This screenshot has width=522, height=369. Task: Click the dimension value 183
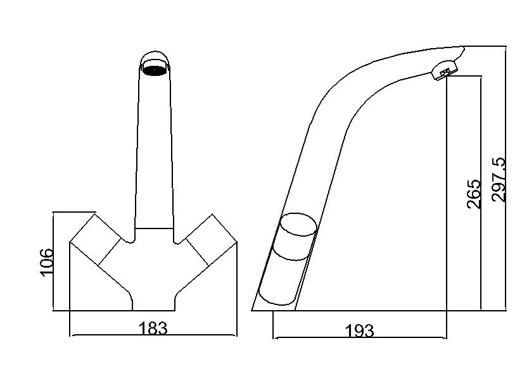152,328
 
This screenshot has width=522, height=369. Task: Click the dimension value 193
359,330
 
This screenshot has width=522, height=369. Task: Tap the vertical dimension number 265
473,193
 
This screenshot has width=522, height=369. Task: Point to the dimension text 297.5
500,180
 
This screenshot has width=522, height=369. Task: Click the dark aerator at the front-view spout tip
154,68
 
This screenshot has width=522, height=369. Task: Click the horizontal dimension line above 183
152,335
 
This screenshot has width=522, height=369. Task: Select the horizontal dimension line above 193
359,337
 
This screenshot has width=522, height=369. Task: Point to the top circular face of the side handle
298,225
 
